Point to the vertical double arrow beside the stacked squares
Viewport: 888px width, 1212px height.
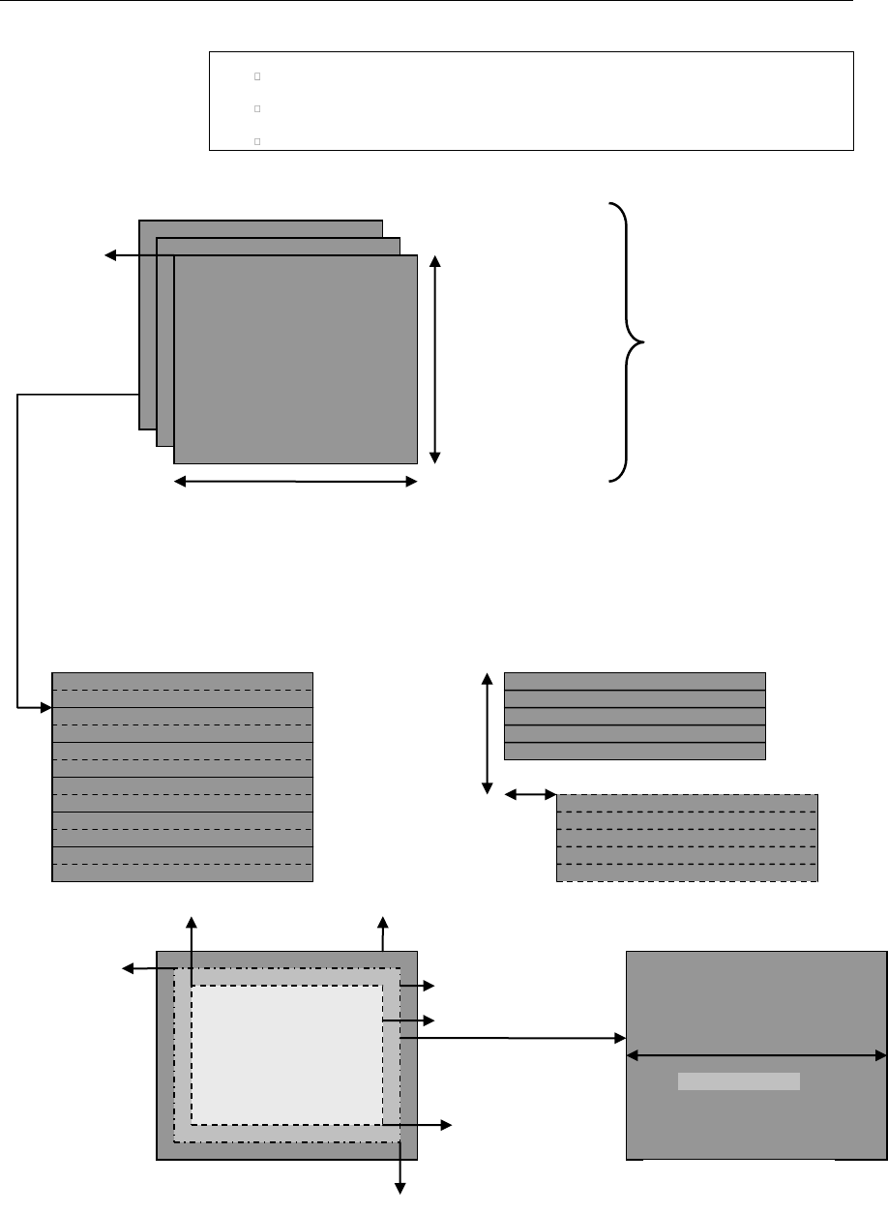tap(434, 358)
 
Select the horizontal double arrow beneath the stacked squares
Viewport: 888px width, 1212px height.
tap(295, 481)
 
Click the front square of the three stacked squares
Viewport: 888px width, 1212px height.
tap(295, 359)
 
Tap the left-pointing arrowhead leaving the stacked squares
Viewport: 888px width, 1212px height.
tap(110, 255)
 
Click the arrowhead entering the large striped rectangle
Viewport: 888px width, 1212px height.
tap(44, 708)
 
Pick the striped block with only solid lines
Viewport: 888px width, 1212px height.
tap(635, 716)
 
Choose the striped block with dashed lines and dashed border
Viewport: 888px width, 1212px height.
tap(687, 838)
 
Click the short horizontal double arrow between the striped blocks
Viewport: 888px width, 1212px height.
tap(531, 795)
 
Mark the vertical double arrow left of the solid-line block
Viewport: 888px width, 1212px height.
tap(488, 734)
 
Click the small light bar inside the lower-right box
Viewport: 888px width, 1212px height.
tap(739, 1081)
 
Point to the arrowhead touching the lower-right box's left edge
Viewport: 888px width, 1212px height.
tap(620, 1039)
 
